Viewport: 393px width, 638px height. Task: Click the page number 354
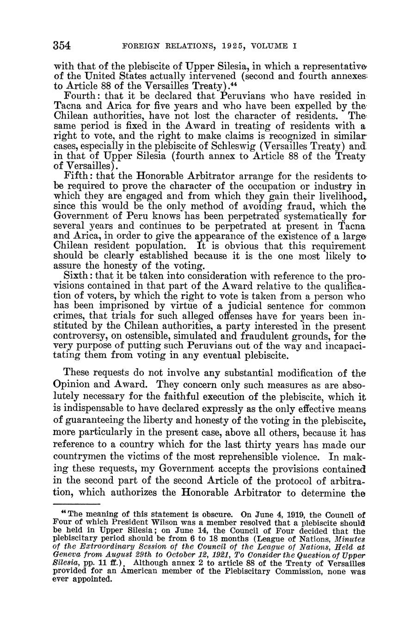(x=61, y=46)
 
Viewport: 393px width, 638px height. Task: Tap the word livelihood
(x=339, y=196)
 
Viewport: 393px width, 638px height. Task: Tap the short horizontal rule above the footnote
(x=77, y=504)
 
